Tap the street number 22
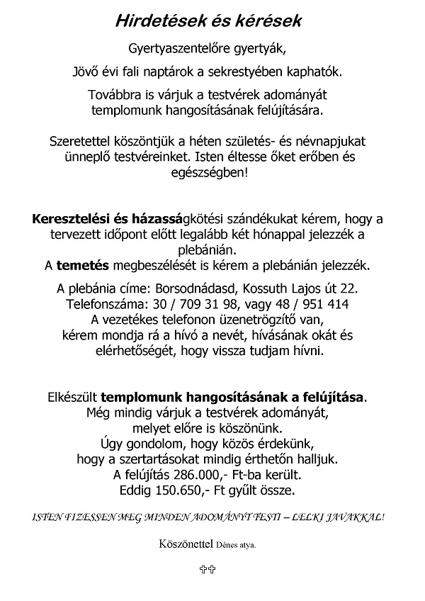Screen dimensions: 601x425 349,289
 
